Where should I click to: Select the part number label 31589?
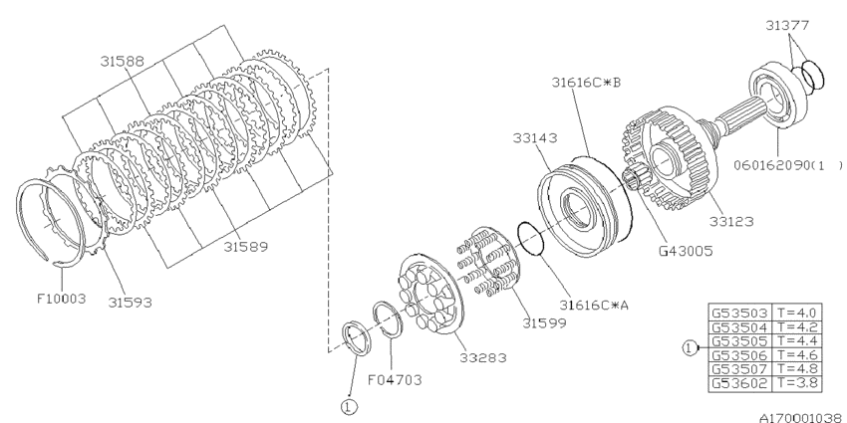tap(246, 245)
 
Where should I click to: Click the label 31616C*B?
tap(587, 82)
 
